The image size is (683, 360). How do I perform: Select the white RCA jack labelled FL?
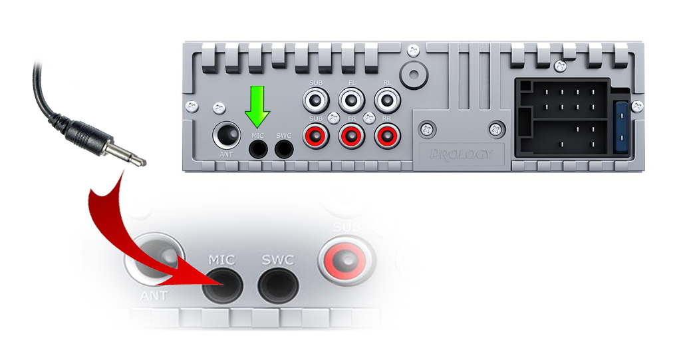[351, 100]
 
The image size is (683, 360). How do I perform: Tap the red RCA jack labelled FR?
[351, 136]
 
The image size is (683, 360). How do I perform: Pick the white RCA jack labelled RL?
[387, 100]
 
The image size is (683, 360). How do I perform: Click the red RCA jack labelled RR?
[387, 136]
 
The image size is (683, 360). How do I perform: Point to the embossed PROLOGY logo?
[462, 154]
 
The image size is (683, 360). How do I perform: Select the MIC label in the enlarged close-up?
[221, 260]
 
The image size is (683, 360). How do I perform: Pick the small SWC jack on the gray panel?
[284, 150]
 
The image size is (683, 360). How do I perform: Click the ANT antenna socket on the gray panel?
[227, 135]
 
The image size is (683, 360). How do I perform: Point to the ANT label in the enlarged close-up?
[154, 296]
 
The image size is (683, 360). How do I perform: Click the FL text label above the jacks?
[352, 83]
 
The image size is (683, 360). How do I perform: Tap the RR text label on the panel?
[387, 118]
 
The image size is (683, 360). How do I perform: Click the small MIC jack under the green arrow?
[258, 150]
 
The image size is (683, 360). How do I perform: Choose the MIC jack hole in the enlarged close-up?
[222, 286]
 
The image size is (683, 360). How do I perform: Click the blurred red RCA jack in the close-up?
[346, 260]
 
